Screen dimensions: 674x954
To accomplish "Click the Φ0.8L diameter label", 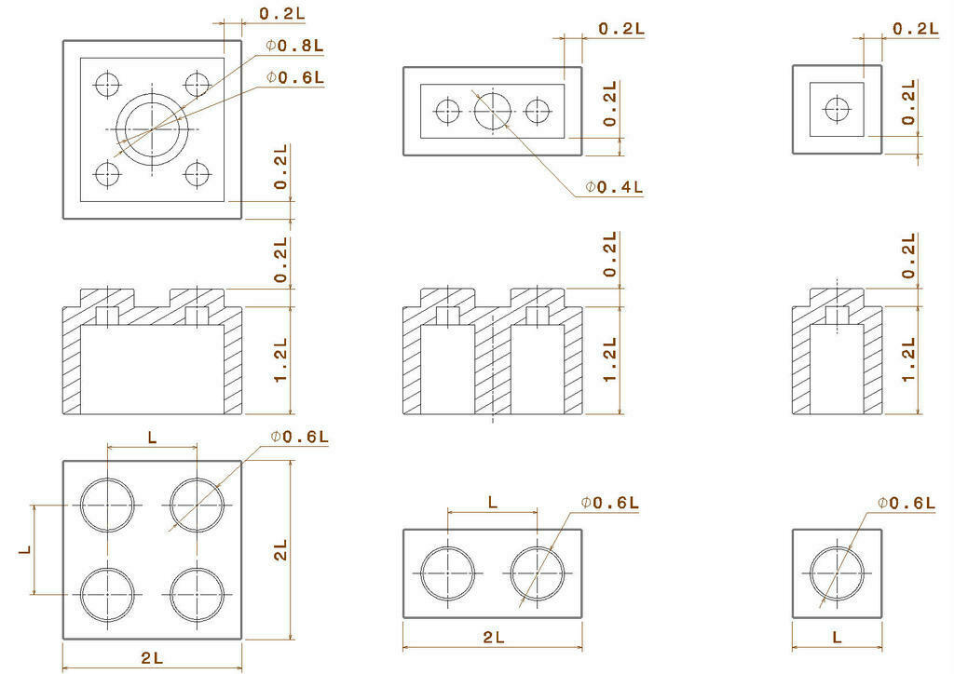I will pos(295,45).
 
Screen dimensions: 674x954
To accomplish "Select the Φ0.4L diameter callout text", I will pos(615,187).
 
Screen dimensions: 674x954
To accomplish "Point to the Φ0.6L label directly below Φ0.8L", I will pos(295,77).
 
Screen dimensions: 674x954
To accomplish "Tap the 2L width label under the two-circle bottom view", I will pos(494,638).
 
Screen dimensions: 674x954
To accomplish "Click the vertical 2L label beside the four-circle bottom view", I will pos(279,550).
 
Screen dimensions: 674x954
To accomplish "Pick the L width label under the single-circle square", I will pos(837,638).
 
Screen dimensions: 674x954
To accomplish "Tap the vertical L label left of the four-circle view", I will pos(25,550).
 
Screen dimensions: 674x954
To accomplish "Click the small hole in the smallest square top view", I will pos(837,109).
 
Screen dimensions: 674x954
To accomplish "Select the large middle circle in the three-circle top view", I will pos(493,111).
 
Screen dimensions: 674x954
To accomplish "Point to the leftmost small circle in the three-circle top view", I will pos(448,111).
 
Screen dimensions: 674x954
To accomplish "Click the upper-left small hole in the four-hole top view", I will pos(107,84).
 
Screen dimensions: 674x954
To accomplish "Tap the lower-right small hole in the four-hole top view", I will pos(197,173).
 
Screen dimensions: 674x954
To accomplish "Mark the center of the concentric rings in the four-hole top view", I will pos(152,128).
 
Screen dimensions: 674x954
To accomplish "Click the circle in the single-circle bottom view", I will pos(837,573).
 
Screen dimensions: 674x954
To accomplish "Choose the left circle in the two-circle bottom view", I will pos(448,573).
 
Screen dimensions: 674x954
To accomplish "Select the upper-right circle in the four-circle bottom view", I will pos(198,505).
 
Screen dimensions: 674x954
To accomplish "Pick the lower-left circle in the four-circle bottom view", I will pos(107,594).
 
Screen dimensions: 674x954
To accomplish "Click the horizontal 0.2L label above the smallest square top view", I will pos(915,28).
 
